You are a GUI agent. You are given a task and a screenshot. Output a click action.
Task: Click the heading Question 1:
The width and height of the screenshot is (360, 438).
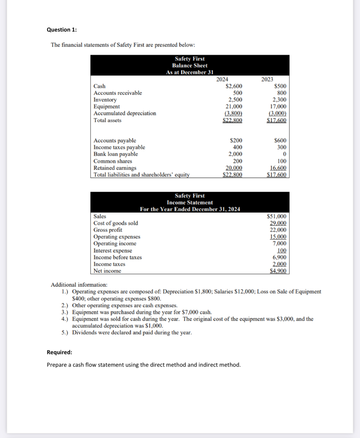(62, 30)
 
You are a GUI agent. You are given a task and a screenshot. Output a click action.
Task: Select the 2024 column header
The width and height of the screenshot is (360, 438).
(222, 79)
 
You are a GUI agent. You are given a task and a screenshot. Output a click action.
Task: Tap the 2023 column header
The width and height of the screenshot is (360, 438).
(267, 79)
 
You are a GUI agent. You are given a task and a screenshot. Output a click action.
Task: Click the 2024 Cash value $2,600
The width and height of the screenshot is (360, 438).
(234, 86)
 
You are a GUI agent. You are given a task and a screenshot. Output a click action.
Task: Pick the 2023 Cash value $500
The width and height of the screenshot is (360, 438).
(280, 86)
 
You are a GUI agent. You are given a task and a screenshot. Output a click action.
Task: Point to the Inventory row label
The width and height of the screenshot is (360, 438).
(105, 100)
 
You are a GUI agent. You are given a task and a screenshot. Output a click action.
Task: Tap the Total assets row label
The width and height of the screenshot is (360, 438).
(107, 120)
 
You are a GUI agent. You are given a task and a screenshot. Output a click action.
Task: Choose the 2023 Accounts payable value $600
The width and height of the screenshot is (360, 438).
(280, 140)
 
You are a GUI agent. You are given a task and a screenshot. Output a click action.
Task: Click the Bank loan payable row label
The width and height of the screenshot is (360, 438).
(116, 154)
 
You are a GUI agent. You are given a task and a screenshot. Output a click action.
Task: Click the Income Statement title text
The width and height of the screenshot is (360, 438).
(190, 202)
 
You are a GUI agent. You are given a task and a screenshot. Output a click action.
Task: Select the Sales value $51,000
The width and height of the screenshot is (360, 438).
(276, 216)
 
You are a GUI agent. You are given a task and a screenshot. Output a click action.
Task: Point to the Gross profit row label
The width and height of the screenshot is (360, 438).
(108, 230)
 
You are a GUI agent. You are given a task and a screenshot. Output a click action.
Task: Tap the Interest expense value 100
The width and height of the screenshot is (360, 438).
(282, 251)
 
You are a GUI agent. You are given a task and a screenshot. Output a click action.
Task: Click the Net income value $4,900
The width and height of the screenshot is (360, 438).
(278, 271)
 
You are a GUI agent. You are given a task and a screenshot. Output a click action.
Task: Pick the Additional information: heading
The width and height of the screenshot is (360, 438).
(79, 285)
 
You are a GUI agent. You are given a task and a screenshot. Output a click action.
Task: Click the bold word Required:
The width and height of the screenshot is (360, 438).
(60, 352)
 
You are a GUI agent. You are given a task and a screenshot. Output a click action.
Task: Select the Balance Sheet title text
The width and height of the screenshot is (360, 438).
(190, 65)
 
